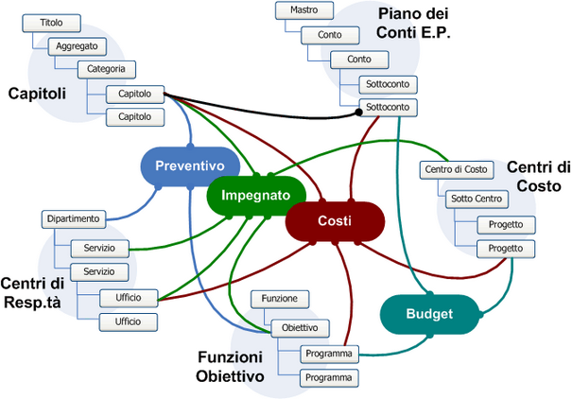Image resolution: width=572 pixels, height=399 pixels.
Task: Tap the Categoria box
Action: coord(106,69)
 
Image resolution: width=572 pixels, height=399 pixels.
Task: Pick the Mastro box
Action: coord(303,11)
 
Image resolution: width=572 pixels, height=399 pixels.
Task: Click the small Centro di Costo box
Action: coord(456,169)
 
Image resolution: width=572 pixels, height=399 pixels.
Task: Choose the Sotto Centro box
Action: coord(477,199)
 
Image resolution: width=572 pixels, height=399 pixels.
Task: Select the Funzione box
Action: coord(280,299)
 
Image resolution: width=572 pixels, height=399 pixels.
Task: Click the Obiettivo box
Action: coord(300,328)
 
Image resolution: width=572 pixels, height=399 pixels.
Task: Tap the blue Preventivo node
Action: coord(189,165)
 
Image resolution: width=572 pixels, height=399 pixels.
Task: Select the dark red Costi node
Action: coord(335,221)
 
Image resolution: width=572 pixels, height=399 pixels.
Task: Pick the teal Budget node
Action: coord(429,314)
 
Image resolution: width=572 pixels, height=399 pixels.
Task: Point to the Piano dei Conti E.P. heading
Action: coord(413,24)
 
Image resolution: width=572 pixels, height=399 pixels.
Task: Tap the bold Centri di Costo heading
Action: coord(538,177)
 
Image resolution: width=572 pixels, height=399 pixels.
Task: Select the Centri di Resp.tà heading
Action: coord(32,292)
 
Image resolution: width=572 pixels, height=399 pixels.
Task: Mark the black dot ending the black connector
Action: coord(358,113)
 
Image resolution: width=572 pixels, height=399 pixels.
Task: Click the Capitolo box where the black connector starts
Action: coord(135,93)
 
